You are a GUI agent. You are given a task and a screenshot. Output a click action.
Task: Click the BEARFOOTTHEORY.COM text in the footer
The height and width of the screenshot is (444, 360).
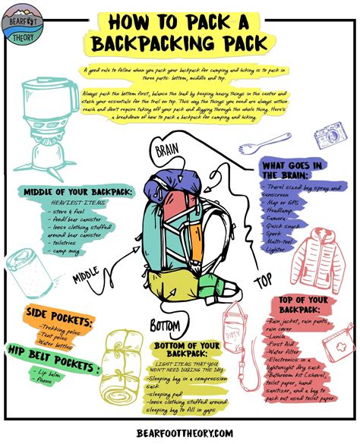tap(180, 432)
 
